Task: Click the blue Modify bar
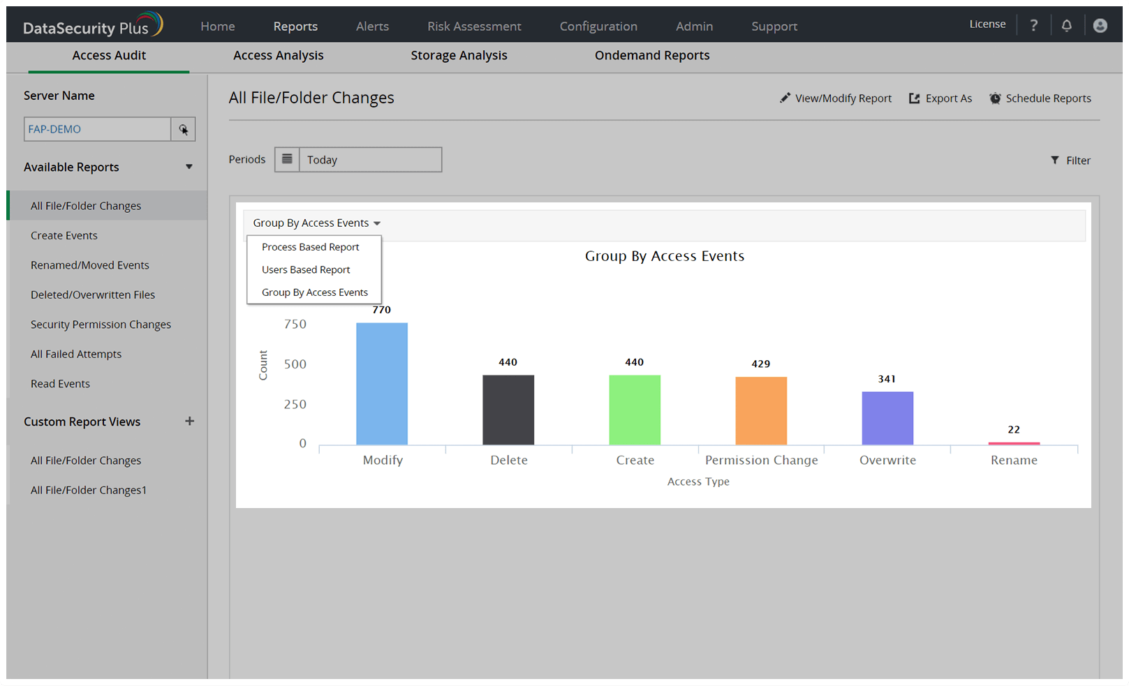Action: (382, 383)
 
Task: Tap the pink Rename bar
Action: (1014, 443)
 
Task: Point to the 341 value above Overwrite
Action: (887, 379)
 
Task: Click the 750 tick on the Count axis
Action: (295, 324)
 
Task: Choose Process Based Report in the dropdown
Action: (310, 247)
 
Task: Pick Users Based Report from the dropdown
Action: (306, 269)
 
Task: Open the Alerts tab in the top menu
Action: (372, 27)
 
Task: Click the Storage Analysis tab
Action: (459, 56)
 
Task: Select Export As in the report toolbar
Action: (940, 98)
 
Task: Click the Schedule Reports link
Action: (1040, 98)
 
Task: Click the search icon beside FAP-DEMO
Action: (183, 129)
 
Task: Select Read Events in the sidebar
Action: (60, 384)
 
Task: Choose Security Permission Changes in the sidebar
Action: (101, 325)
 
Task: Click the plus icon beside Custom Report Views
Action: (189, 422)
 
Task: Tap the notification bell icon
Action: (1066, 26)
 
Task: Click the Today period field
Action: (370, 160)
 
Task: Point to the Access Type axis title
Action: (698, 482)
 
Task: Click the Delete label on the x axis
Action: (509, 460)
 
